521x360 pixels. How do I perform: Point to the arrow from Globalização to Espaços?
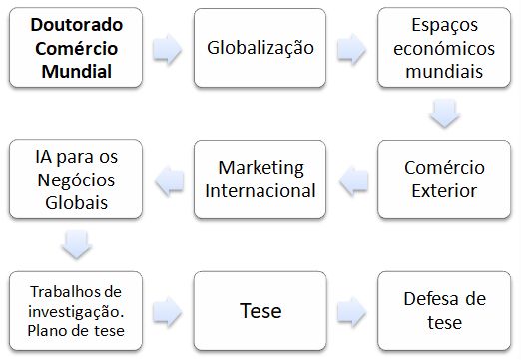pos(350,48)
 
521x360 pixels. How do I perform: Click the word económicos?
pos(445,49)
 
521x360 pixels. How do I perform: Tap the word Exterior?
pos(445,189)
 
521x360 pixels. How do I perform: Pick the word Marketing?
pos(260,167)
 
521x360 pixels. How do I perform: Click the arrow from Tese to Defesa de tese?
pos(350,310)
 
